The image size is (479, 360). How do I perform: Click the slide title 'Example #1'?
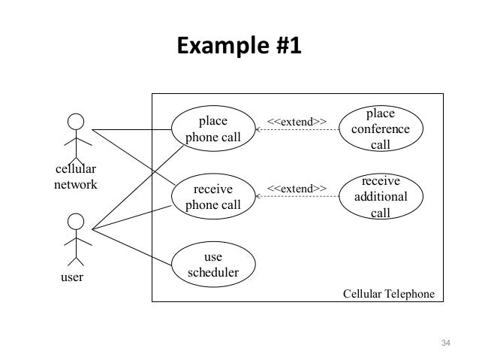coord(239,46)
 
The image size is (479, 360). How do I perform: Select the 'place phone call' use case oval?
coord(212,129)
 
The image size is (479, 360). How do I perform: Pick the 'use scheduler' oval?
coord(212,265)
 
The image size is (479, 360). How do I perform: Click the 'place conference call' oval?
coord(380,129)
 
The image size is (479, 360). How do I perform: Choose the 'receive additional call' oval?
coord(380,197)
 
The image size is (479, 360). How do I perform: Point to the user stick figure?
coord(75,238)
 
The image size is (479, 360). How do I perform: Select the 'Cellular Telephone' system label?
coord(388,292)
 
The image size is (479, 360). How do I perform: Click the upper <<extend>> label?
coord(297,121)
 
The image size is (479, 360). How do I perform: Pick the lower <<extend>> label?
coord(297,187)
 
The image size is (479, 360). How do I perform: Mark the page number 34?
coord(445,343)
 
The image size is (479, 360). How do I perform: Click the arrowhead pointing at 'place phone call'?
coord(258,130)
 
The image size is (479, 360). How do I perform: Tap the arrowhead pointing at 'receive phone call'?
coord(258,197)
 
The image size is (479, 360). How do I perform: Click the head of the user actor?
coord(75,222)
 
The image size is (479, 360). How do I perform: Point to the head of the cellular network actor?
coord(75,120)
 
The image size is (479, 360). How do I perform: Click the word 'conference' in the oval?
coord(380,129)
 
